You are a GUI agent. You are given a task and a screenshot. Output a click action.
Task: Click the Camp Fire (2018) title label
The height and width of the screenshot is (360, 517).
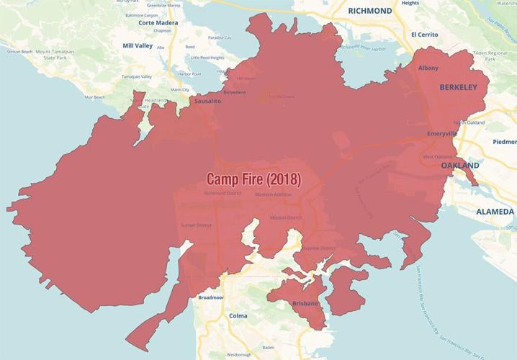pyautogui.click(x=253, y=178)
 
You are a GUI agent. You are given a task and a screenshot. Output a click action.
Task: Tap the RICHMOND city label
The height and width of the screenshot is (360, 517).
pyautogui.click(x=369, y=11)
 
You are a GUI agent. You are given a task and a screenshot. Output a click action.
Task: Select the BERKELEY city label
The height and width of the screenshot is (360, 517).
pyautogui.click(x=458, y=87)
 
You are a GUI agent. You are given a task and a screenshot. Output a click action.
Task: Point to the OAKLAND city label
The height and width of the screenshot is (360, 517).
pyautogui.click(x=460, y=166)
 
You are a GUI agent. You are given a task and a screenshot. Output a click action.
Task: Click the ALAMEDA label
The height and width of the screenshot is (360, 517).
pyautogui.click(x=495, y=212)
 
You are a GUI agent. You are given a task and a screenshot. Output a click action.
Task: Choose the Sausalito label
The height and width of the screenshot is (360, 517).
pyautogui.click(x=207, y=102)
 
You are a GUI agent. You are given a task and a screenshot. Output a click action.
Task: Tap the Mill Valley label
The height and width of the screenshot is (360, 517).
pyautogui.click(x=138, y=45)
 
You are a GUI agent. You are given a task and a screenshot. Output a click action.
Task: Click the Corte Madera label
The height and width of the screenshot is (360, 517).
pyautogui.click(x=158, y=22)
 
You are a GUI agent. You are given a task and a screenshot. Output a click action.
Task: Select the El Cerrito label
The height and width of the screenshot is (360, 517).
pyautogui.click(x=425, y=34)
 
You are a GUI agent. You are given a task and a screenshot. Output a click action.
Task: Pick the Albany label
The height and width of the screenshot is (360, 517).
pyautogui.click(x=428, y=67)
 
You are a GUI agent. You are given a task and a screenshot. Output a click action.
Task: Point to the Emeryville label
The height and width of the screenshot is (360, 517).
pyautogui.click(x=442, y=134)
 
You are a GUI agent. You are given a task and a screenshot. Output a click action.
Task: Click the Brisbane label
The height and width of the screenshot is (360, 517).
pyautogui.click(x=306, y=304)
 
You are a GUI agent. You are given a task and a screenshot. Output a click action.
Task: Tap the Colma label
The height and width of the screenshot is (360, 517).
pyautogui.click(x=237, y=315)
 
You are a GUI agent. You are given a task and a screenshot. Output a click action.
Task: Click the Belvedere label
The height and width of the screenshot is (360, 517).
pyautogui.click(x=234, y=92)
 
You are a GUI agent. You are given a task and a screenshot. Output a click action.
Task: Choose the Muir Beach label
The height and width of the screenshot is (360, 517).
pyautogui.click(x=95, y=96)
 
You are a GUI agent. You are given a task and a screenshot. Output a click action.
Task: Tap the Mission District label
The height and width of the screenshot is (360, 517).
pyautogui.click(x=285, y=217)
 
